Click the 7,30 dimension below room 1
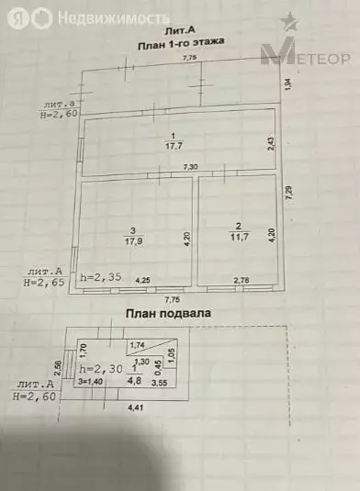[191, 167]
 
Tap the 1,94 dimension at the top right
[288, 84]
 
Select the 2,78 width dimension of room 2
[242, 279]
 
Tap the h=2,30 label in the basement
[102, 369]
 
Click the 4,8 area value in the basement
[133, 380]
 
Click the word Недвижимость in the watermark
[112, 17]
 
